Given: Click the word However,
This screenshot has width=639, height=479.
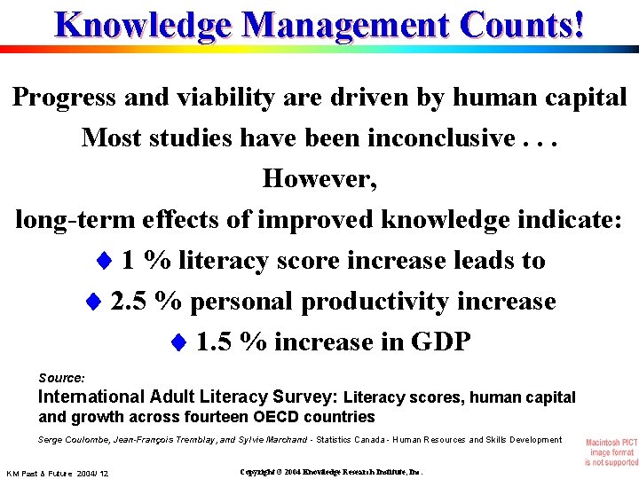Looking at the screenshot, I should point(319,179).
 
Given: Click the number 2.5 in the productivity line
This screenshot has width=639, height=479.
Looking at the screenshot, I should point(130,302).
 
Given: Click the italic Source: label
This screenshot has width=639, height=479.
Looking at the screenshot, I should point(61,377).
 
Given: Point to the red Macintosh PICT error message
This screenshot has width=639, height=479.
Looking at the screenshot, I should point(611,452).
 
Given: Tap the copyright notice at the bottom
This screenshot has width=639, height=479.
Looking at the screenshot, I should point(331,472).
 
